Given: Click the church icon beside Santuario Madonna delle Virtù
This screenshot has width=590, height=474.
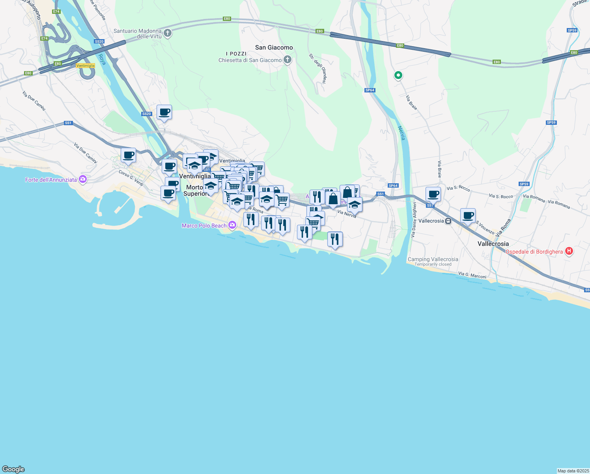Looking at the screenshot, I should (x=168, y=33).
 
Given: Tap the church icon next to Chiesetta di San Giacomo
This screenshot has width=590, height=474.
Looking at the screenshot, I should (x=288, y=60).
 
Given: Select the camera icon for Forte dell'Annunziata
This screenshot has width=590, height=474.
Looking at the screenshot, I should (x=82, y=180).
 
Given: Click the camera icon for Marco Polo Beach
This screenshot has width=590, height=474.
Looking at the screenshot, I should (x=232, y=225).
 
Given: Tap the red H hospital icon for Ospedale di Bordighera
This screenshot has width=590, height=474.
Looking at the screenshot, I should (x=569, y=251).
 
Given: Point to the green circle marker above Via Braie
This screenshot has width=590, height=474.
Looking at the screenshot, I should (x=398, y=75).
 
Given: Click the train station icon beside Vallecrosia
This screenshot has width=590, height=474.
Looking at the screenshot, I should (x=448, y=221).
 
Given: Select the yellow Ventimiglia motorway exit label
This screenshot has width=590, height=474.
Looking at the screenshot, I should (x=86, y=66).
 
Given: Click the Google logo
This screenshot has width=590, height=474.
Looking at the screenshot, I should (x=13, y=469).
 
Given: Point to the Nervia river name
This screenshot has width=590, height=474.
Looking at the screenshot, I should (x=401, y=133).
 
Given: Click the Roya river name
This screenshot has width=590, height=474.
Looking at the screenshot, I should (x=102, y=59).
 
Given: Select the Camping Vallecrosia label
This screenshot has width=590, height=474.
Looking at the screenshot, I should (x=433, y=259).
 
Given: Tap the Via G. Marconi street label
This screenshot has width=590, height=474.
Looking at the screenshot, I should (x=472, y=275).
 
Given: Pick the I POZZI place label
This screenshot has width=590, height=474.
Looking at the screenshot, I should (x=236, y=54).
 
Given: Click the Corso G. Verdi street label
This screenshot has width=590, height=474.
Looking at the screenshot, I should (x=131, y=178).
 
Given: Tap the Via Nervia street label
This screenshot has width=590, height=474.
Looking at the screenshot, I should (x=347, y=214).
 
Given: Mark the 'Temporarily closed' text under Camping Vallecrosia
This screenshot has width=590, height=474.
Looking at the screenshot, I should (x=433, y=265).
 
